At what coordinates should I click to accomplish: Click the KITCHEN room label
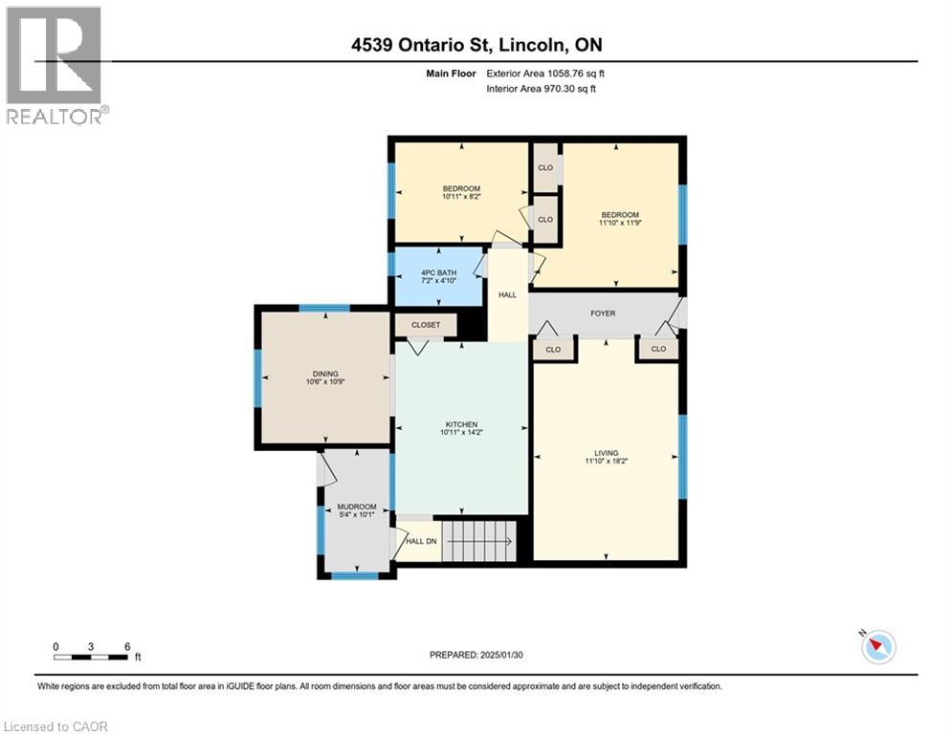click(460, 424)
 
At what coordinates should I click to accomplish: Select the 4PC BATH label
click(438, 272)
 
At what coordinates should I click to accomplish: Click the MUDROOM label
click(356, 507)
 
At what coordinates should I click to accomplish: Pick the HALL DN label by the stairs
click(420, 541)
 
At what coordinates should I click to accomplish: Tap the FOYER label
click(603, 313)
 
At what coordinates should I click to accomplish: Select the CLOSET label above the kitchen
click(426, 325)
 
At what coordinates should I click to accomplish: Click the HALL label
click(507, 294)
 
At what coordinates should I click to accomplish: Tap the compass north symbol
click(877, 647)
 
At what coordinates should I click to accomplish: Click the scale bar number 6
click(127, 646)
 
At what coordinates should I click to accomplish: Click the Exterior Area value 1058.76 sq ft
click(579, 73)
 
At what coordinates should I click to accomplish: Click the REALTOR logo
click(55, 63)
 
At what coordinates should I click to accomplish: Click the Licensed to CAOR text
click(55, 726)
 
